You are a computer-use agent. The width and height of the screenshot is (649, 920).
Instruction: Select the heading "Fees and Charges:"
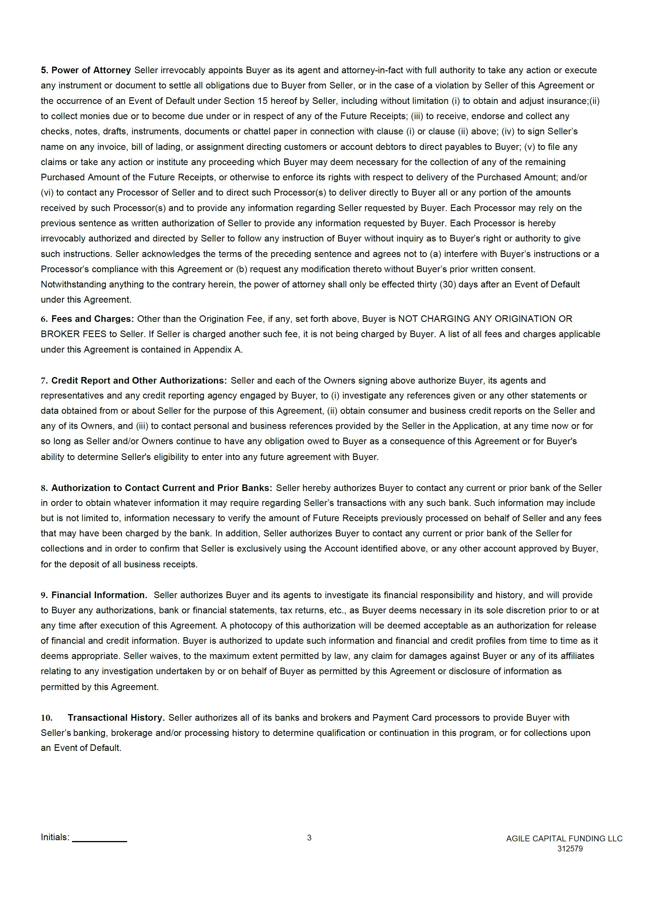point(92,319)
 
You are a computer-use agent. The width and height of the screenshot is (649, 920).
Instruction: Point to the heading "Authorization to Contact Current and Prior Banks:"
point(161,488)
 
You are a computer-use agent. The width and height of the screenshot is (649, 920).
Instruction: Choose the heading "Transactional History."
point(116,718)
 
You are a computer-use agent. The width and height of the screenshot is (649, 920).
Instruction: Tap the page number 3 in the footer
point(309,838)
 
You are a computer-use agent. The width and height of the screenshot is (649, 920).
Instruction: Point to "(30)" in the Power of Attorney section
point(448,285)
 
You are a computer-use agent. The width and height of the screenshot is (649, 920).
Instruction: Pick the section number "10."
point(46,718)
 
